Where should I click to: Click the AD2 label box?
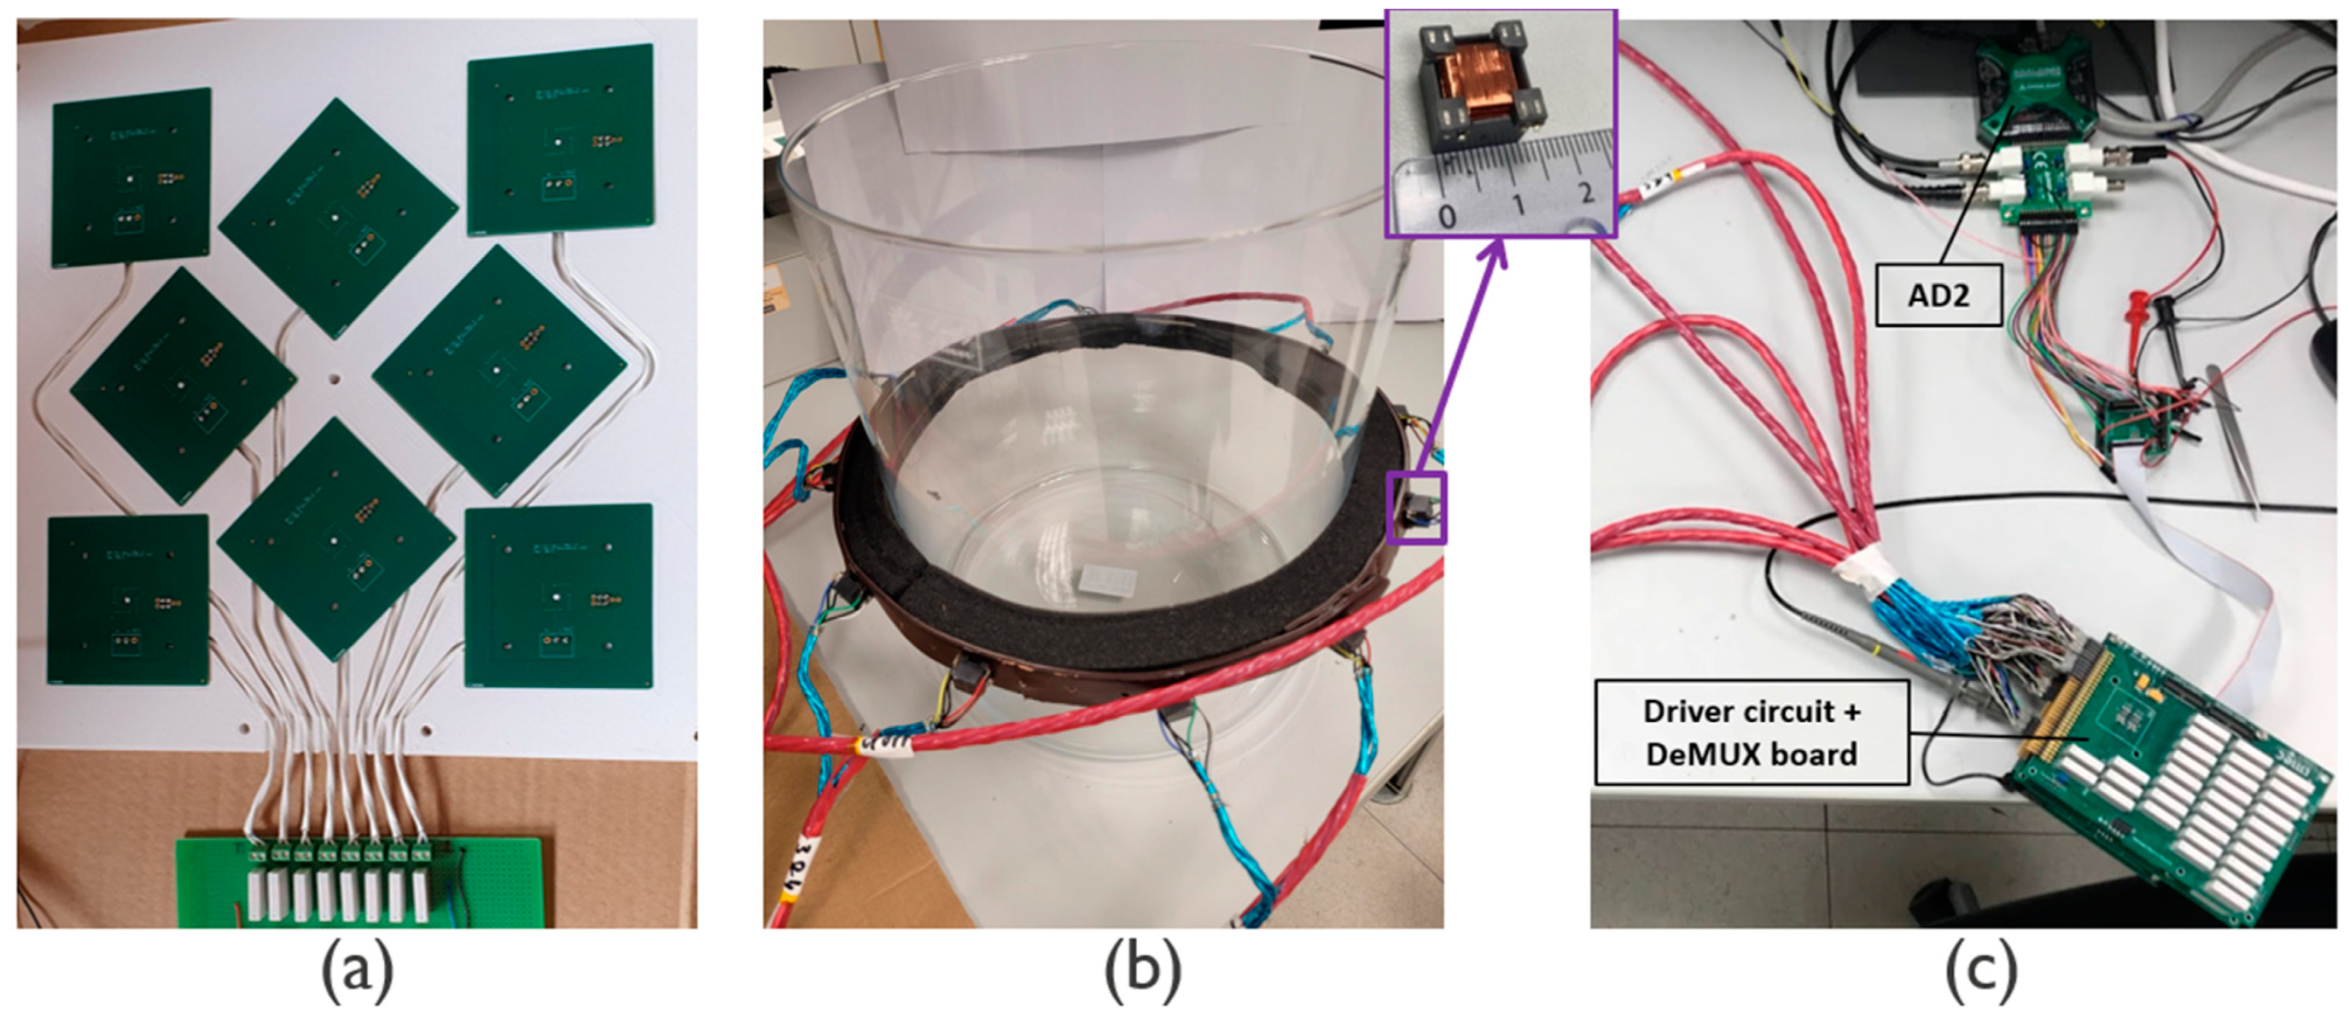click(x=1938, y=294)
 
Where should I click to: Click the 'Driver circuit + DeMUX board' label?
click(x=1751, y=732)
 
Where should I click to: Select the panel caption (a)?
click(x=357, y=974)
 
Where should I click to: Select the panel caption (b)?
click(x=1142, y=974)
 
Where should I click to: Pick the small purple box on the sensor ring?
click(x=1416, y=508)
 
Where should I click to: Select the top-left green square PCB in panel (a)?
click(x=132, y=177)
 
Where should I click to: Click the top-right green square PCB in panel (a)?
click(x=560, y=139)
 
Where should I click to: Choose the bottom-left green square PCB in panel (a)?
click(x=128, y=599)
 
